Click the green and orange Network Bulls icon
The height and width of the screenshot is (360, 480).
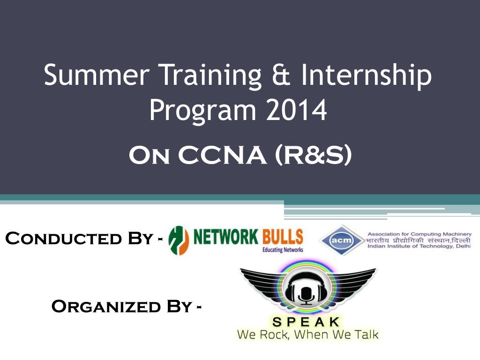[x=179, y=240]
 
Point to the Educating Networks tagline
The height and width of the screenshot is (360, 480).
[x=283, y=250]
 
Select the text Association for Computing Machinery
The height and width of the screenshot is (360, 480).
[x=419, y=233]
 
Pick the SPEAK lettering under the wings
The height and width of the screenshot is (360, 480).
[x=307, y=322]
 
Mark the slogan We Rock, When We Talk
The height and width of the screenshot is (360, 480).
[x=307, y=335]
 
